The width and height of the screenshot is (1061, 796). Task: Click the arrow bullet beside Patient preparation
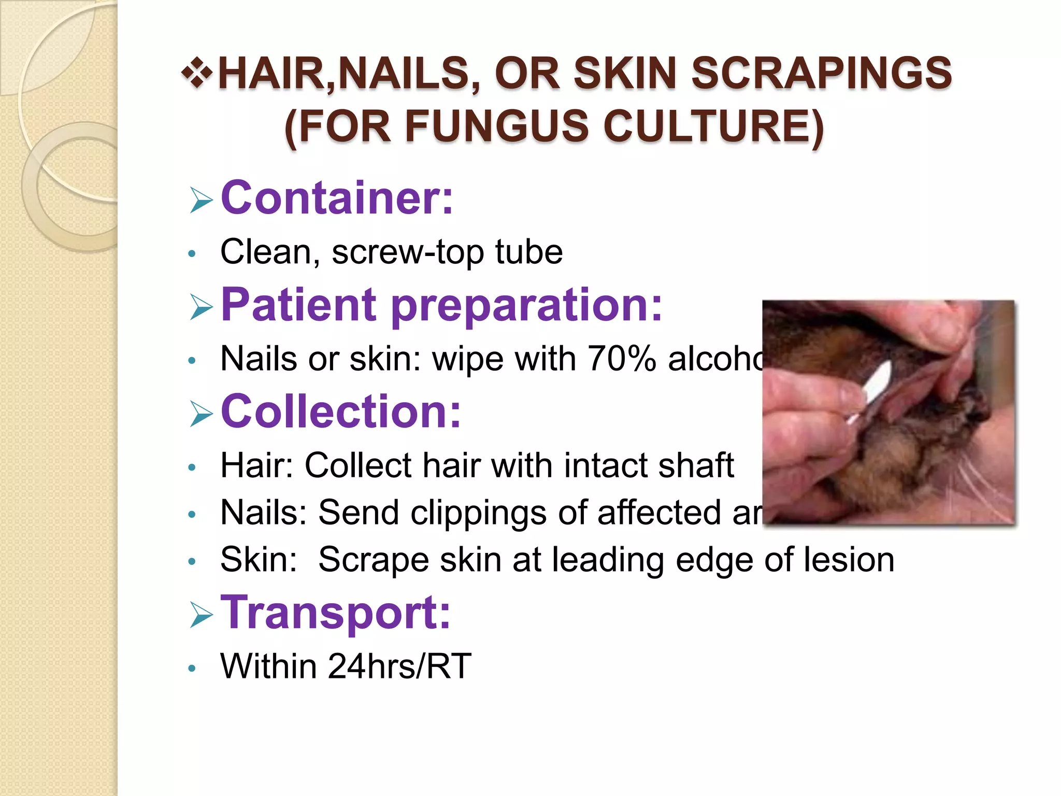point(201,306)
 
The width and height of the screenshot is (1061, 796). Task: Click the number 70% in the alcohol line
point(622,358)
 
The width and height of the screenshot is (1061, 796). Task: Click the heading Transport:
point(336,613)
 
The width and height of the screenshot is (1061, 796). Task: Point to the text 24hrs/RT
point(399,666)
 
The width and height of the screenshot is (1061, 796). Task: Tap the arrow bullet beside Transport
point(201,615)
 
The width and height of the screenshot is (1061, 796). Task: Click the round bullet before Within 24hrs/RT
point(192,668)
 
